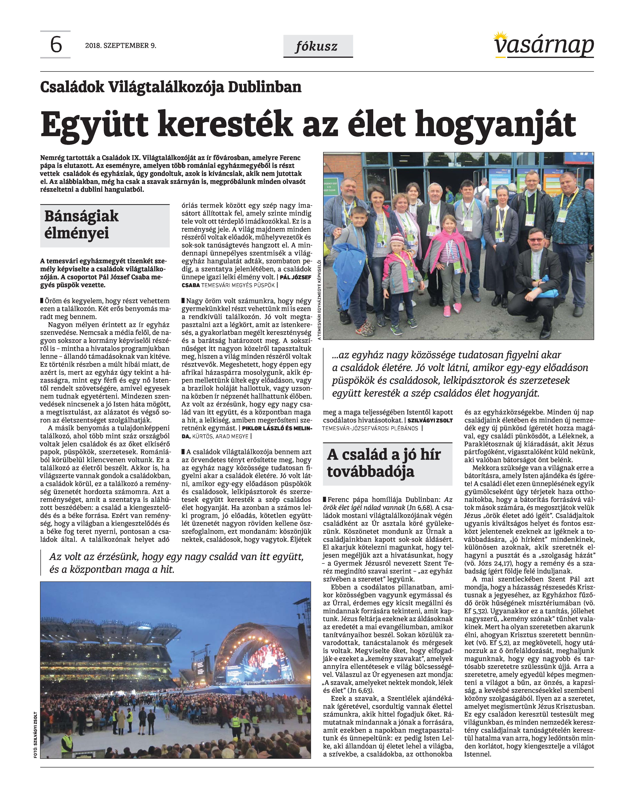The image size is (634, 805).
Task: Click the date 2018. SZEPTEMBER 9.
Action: [121, 46]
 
